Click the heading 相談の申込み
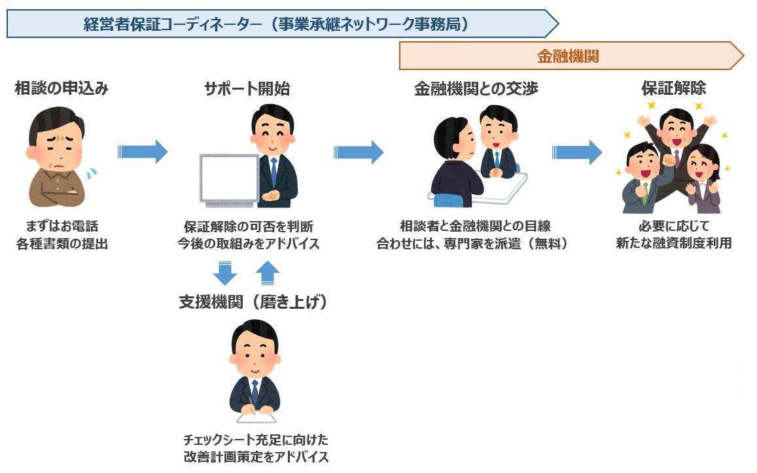[x=62, y=88]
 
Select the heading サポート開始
[x=247, y=88]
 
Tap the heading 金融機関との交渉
[x=476, y=88]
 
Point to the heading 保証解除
[x=673, y=88]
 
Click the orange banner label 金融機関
[x=568, y=56]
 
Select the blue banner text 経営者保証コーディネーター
[x=173, y=24]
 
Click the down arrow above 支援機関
[x=225, y=273]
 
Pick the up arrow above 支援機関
[x=267, y=273]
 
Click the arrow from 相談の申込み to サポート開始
[x=143, y=152]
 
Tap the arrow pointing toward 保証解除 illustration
[x=577, y=152]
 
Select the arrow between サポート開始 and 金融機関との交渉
[x=359, y=152]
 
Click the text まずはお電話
[x=62, y=226]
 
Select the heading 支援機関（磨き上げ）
[x=253, y=302]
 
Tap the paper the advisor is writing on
[x=256, y=417]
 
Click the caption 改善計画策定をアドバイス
[x=256, y=456]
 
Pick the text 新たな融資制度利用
[x=673, y=243]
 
